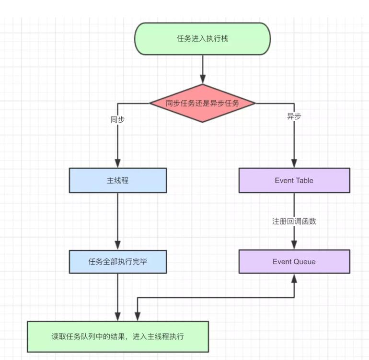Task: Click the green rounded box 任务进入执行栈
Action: tap(202, 38)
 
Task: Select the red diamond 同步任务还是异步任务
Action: tap(202, 103)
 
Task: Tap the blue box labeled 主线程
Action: tap(118, 180)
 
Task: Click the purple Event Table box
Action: tap(294, 180)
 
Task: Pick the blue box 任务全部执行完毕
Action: tap(118, 262)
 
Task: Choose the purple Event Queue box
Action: tap(294, 262)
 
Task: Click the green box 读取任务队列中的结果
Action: tap(118, 337)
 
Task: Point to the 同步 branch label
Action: tap(118, 120)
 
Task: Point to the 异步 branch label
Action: tap(294, 116)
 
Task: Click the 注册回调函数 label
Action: tap(294, 221)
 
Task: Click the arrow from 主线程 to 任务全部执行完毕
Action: tap(118, 221)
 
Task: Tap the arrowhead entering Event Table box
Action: tap(294, 163)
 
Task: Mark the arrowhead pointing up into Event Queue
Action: tap(294, 279)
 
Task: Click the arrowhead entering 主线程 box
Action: tap(118, 163)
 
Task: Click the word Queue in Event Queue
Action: tap(304, 262)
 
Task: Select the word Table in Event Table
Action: tap(304, 180)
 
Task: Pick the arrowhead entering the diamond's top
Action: tap(203, 80)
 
